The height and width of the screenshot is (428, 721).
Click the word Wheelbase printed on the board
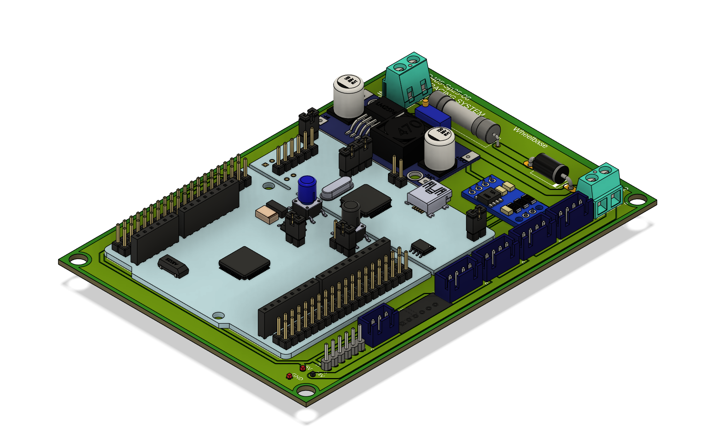coord(530,137)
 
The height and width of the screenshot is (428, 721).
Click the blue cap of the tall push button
coord(308,189)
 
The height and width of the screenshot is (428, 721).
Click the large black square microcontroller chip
coord(244,262)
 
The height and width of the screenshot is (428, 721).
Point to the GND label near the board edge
coord(297,377)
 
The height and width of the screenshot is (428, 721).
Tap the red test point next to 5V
coord(302,368)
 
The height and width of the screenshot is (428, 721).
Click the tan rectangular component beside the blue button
coord(267,214)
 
